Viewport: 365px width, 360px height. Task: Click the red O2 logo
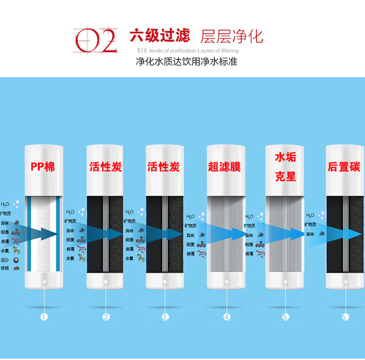pos(95,40)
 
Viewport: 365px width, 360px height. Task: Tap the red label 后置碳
pos(344,167)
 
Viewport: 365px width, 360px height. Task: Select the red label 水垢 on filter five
pos(285,158)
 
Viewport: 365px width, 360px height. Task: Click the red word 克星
pos(285,176)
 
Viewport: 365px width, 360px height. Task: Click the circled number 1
pos(44,317)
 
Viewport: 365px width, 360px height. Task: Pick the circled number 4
pos(226,317)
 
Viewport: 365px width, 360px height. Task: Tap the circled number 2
pos(106,317)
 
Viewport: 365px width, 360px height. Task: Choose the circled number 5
pos(286,317)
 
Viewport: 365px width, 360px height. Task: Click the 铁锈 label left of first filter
pos(5,268)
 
